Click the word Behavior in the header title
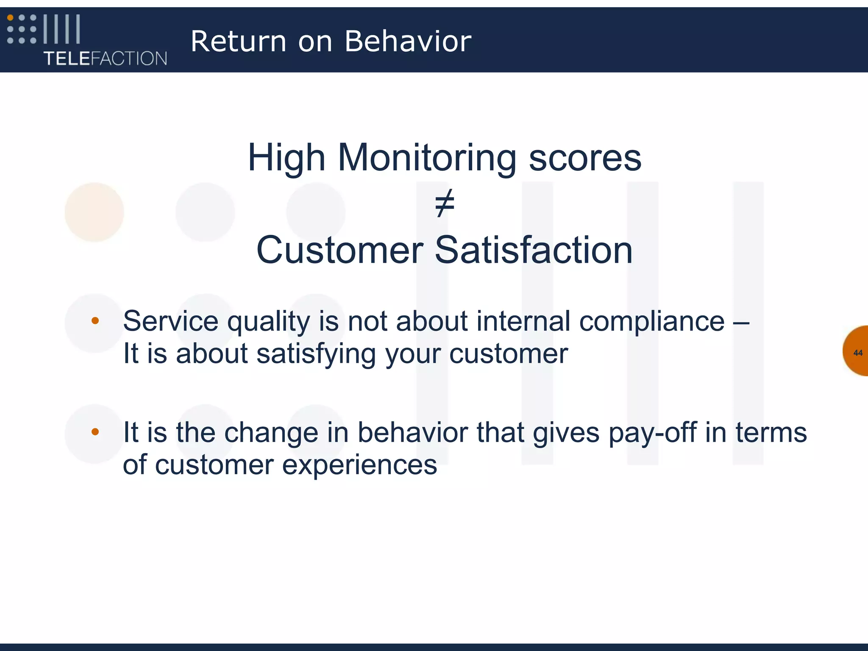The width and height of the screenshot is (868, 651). tap(408, 42)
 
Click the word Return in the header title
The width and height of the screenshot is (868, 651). tap(239, 42)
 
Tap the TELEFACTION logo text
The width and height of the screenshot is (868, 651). tap(106, 58)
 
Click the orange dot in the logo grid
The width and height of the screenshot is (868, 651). tap(10, 18)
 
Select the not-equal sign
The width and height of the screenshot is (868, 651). tap(445, 203)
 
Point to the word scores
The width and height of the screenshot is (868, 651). tap(585, 158)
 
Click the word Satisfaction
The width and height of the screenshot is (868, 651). tap(534, 250)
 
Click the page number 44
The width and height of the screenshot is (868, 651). tap(858, 353)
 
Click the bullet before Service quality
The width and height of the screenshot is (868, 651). tap(95, 321)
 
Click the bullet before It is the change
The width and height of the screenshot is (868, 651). tap(95, 432)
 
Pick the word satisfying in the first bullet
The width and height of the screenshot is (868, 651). tap(316, 354)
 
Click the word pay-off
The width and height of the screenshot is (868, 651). tap(653, 433)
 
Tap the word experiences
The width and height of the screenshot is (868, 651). tap(359, 465)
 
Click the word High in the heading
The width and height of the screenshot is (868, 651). tap(287, 158)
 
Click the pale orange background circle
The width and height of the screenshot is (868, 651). tap(94, 212)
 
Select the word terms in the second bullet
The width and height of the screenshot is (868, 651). tap(771, 433)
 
